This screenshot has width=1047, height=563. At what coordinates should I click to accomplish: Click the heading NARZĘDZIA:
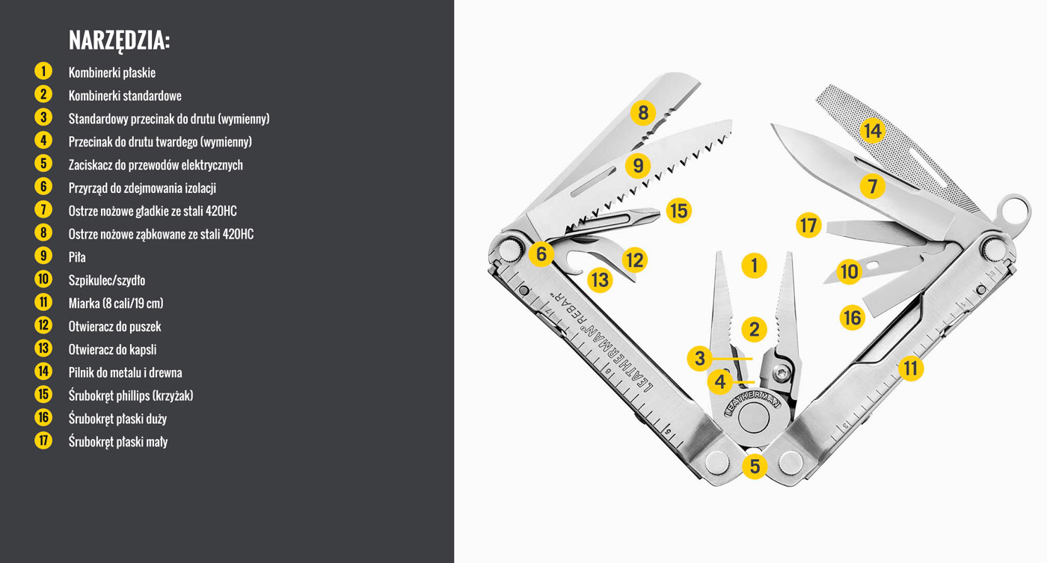pos(119,40)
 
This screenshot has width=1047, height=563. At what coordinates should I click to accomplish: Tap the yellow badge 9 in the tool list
pos(43,256)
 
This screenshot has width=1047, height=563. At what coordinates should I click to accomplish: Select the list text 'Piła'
pos(77,257)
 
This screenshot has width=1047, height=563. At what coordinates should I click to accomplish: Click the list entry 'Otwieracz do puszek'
pos(114,327)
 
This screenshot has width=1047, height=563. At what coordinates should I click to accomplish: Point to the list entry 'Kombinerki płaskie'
pos(111,73)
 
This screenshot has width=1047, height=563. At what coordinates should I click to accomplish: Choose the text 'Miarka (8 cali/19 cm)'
pos(116,304)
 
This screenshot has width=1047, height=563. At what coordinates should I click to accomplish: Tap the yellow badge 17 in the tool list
pos(43,440)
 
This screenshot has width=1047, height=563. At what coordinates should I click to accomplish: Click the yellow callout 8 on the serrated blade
pos(643,113)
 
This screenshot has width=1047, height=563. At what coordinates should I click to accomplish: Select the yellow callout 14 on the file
pos(873,131)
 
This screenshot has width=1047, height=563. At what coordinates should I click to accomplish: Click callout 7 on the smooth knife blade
pos(872,186)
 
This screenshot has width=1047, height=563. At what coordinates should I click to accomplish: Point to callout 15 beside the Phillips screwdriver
pos(679,211)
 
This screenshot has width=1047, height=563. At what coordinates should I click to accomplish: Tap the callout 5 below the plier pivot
pos(755,467)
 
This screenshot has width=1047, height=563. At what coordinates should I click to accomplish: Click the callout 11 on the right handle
pos(911,368)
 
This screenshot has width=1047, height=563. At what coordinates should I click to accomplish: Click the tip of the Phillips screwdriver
pos(658,213)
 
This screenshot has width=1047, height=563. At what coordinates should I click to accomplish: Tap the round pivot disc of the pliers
pos(754,418)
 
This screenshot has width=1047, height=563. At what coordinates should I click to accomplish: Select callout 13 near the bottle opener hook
pos(600,280)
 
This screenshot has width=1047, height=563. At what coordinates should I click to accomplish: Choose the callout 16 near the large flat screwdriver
pos(852,318)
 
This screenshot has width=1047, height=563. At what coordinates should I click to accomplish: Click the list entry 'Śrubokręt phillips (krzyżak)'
pos(131,396)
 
